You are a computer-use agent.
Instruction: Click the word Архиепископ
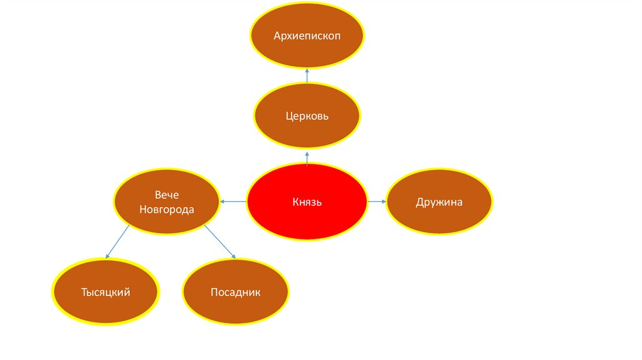[307, 35]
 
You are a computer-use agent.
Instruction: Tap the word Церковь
[307, 117]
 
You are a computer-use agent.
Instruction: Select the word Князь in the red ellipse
[307, 202]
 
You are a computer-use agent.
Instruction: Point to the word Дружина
[439, 202]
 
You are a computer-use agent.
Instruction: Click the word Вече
[167, 195]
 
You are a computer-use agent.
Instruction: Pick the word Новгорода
[167, 209]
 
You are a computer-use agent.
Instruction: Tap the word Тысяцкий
[106, 292]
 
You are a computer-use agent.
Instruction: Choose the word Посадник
[235, 292]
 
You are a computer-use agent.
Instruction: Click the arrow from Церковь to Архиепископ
[307, 75]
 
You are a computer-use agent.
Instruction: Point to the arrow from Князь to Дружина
[376, 201]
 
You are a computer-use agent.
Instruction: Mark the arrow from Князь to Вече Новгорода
[233, 201]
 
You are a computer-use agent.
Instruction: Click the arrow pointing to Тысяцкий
[118, 241]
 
